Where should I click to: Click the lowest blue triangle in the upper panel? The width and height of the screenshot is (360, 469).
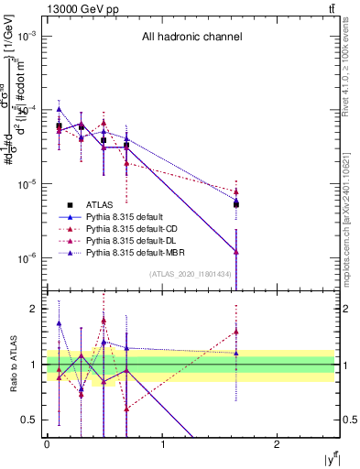click(236, 251)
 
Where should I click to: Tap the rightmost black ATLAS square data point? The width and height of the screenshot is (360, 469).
click(236, 203)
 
